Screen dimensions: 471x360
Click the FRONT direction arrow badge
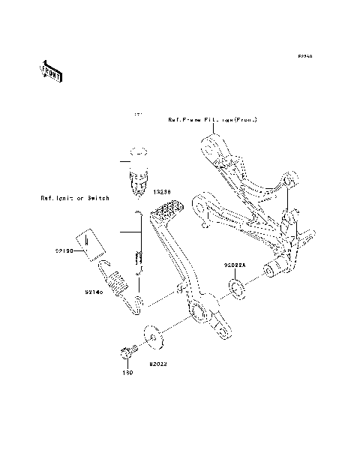click(51, 71)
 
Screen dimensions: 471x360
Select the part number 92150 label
click(63, 252)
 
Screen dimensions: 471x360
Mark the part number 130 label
click(127, 372)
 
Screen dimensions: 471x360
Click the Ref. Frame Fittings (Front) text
click(212, 120)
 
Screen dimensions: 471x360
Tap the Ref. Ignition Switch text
click(75, 199)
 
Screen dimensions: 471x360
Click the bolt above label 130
click(127, 352)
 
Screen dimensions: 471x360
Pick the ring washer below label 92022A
click(238, 288)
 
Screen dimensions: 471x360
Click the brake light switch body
click(138, 182)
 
